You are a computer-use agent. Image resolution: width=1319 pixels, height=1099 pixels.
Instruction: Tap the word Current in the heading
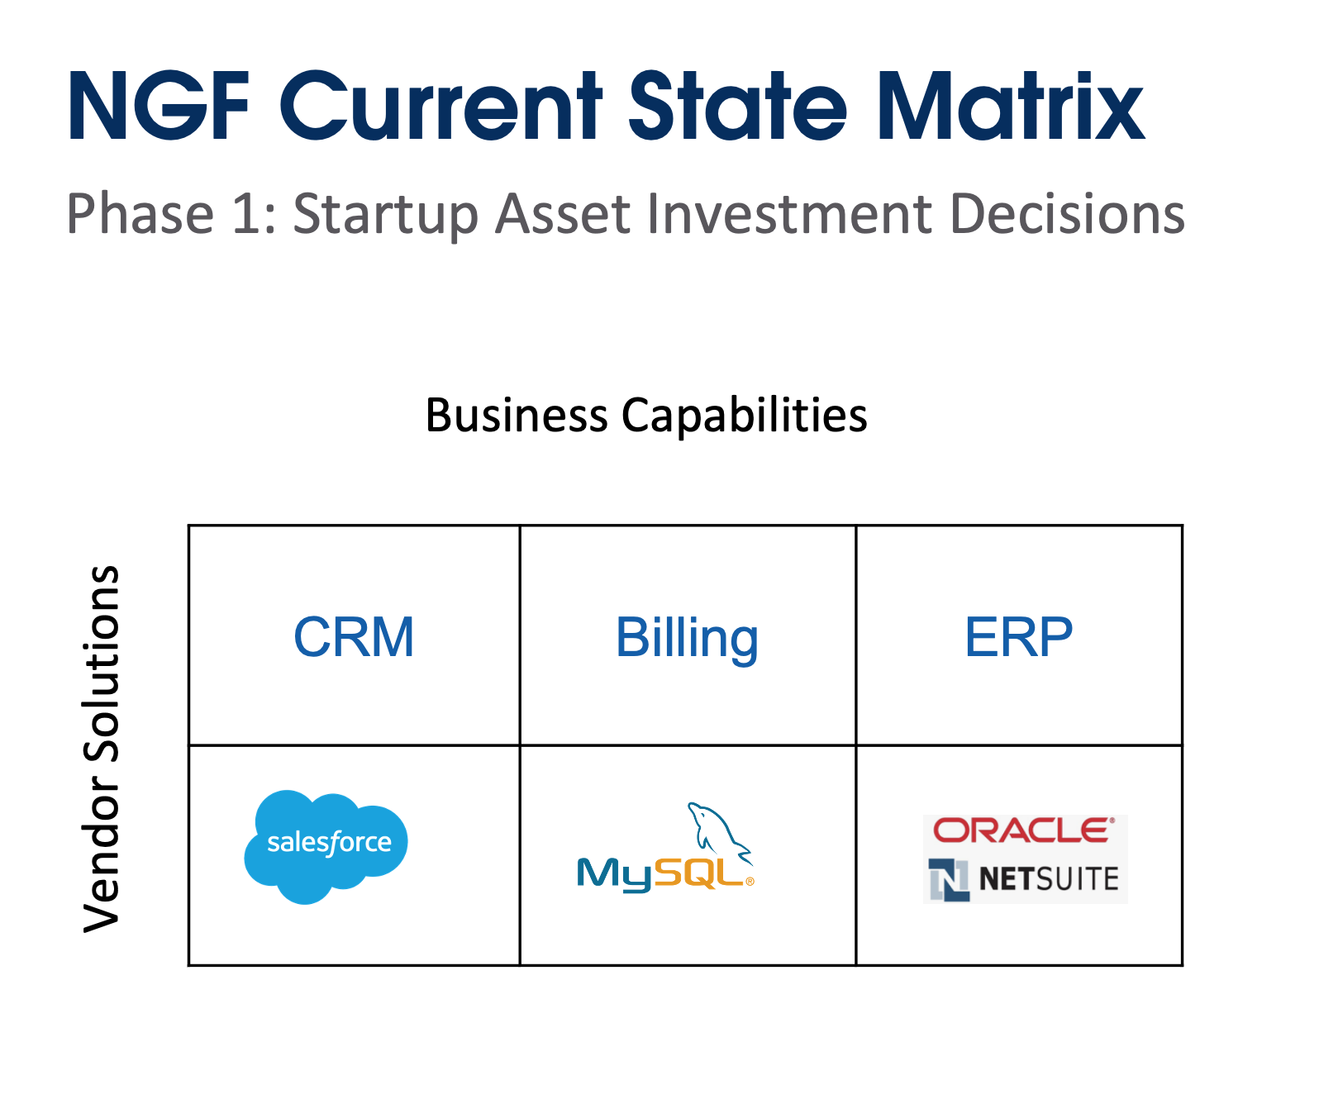pyautogui.click(x=442, y=107)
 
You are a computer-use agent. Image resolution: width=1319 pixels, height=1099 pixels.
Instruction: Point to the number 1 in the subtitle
pyautogui.click(x=246, y=215)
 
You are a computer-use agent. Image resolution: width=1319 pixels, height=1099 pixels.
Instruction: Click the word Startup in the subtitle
pyautogui.click(x=385, y=215)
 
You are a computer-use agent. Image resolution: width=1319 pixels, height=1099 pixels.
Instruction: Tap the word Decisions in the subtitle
pyautogui.click(x=1067, y=215)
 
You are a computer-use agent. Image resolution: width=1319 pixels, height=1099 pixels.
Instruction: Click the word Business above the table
pyautogui.click(x=517, y=415)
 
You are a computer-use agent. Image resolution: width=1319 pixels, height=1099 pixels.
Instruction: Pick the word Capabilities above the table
pyautogui.click(x=744, y=415)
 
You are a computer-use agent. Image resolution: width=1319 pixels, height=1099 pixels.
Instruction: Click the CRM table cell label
pyautogui.click(x=354, y=637)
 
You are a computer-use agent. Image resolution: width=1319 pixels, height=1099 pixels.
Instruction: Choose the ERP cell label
pyautogui.click(x=1018, y=637)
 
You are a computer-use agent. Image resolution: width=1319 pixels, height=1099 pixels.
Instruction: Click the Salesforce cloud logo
pyautogui.click(x=326, y=844)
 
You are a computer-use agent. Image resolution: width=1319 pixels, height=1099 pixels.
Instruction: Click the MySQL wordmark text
pyautogui.click(x=661, y=874)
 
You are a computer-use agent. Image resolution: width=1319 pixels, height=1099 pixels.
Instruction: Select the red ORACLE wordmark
pyautogui.click(x=1023, y=830)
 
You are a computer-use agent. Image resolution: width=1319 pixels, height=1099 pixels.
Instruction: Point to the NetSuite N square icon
pyautogui.click(x=948, y=879)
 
